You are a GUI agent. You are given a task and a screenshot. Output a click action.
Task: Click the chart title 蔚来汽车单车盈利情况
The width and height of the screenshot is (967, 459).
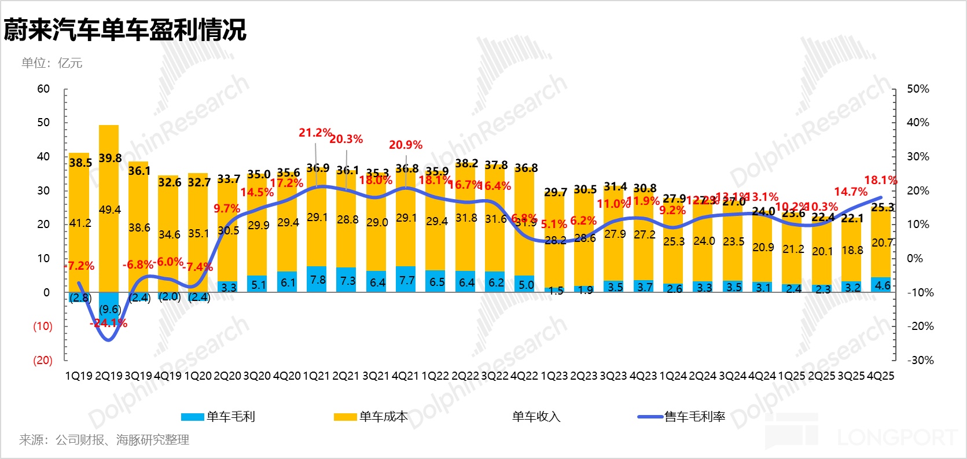(x=125, y=30)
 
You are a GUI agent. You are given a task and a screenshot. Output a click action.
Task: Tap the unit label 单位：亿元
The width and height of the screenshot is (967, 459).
(x=52, y=63)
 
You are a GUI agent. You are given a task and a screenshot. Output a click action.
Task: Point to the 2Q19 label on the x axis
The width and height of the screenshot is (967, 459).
(x=109, y=376)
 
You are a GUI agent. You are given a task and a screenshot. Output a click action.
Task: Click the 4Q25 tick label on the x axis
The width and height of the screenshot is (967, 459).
(x=880, y=376)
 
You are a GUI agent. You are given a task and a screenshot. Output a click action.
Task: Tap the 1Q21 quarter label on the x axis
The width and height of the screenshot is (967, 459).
(x=317, y=376)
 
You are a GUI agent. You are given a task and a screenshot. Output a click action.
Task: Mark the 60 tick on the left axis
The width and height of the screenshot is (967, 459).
(x=43, y=89)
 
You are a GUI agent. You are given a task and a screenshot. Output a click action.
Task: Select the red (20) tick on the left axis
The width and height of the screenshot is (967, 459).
(x=42, y=361)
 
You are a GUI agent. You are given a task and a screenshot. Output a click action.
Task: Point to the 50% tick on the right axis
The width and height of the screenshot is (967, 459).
(x=918, y=89)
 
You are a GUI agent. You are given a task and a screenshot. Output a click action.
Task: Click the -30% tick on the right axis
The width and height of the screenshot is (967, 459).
(x=920, y=361)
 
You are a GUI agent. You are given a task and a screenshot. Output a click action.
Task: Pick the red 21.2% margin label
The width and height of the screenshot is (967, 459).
(x=315, y=133)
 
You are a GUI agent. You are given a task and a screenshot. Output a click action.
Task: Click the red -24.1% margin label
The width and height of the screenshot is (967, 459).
(x=108, y=323)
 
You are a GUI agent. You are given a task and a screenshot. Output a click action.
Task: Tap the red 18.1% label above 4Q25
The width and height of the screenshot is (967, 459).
(x=880, y=181)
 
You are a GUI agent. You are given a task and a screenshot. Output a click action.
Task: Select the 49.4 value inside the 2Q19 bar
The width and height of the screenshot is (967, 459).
(x=110, y=210)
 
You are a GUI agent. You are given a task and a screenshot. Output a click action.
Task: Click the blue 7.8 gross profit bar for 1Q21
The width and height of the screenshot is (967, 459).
(x=317, y=279)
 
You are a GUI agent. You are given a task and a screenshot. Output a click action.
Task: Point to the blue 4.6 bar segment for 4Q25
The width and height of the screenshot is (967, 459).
(x=882, y=285)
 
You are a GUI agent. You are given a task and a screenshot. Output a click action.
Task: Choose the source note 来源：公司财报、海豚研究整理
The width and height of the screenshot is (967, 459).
(x=104, y=440)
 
